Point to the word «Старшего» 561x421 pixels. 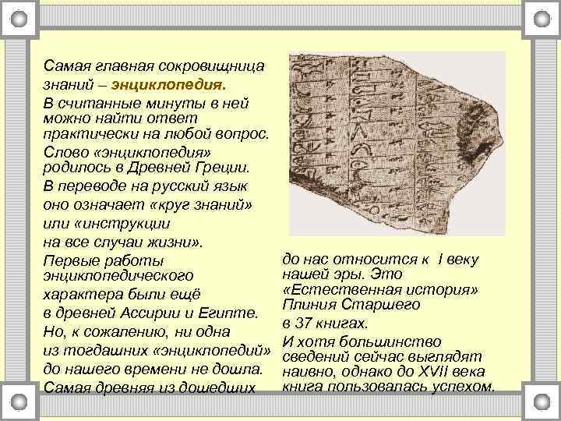(379, 306)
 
